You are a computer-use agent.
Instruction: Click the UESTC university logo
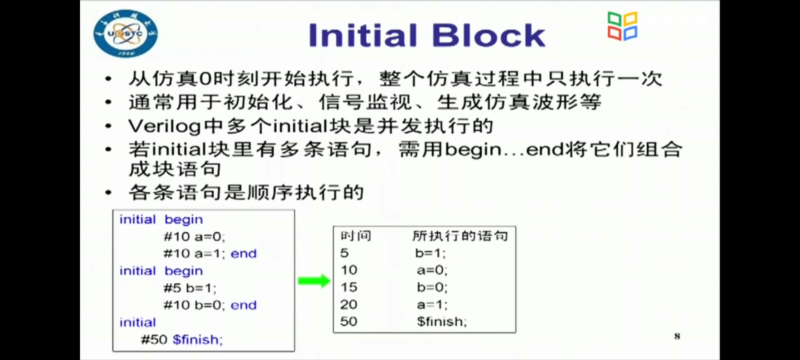point(125,33)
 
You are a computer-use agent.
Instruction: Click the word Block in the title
point(488,35)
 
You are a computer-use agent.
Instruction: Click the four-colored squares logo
point(622,26)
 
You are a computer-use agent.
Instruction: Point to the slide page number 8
point(677,336)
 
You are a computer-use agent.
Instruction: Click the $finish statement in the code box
point(197,340)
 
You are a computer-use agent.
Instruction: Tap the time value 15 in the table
point(349,287)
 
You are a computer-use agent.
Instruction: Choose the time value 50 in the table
point(349,321)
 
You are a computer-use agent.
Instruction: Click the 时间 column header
point(356,236)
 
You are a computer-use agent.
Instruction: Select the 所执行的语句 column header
point(460,236)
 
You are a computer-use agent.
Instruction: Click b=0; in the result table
point(432,287)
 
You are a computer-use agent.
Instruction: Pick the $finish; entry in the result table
point(442,322)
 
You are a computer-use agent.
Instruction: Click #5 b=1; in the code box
point(190,288)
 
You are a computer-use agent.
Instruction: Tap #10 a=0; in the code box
point(194,237)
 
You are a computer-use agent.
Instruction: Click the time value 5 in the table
point(344,253)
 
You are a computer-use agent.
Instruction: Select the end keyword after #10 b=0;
point(244,305)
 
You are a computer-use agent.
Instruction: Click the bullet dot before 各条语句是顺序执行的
point(108,193)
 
